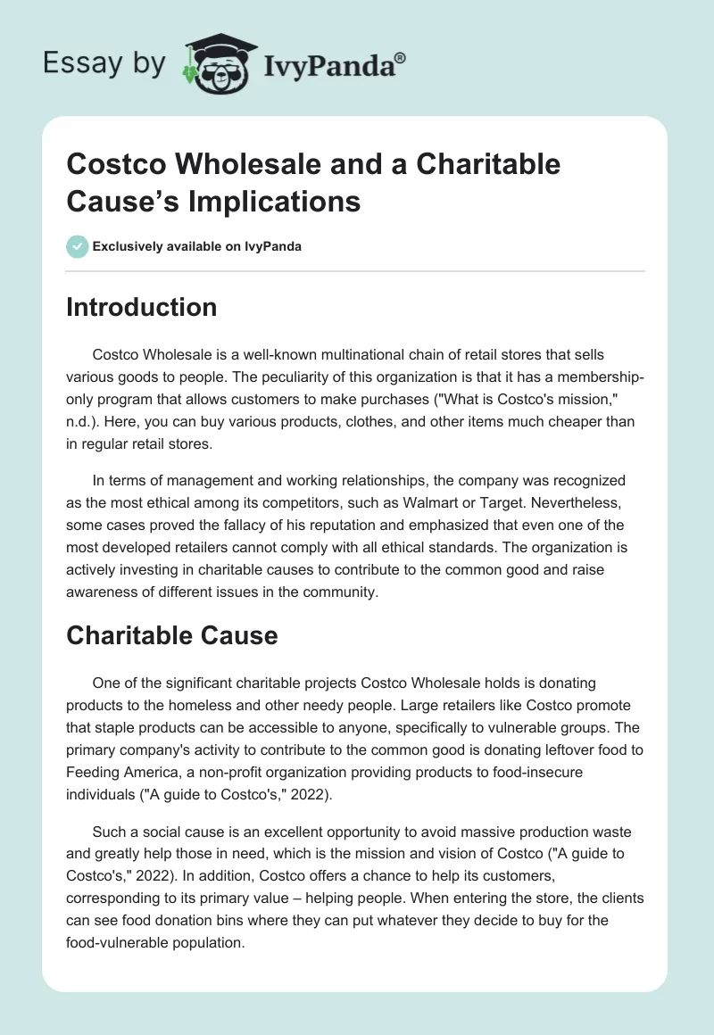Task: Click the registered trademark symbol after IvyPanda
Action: pyautogui.click(x=401, y=57)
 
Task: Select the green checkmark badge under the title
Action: pyautogui.click(x=78, y=246)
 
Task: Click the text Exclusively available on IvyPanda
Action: pyautogui.click(x=197, y=247)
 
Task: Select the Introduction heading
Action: pyautogui.click(x=142, y=307)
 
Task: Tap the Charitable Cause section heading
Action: pyautogui.click(x=172, y=635)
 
